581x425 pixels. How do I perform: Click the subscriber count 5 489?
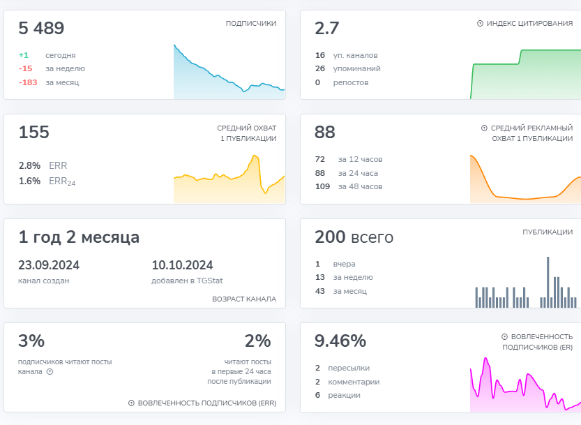click(41, 29)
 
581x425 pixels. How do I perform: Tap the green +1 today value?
click(24, 55)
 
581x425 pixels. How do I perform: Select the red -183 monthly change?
click(28, 82)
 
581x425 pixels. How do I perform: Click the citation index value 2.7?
click(326, 29)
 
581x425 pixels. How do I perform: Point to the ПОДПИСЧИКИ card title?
click(251, 23)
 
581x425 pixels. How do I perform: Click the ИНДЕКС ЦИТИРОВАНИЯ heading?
click(529, 23)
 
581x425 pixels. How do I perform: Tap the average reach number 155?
click(33, 133)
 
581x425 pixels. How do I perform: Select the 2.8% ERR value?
click(29, 166)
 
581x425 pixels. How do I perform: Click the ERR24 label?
click(62, 181)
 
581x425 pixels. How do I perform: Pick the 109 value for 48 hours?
click(323, 186)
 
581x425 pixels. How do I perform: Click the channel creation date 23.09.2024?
click(49, 265)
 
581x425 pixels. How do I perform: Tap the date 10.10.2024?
click(182, 265)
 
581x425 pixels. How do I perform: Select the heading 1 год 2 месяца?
click(79, 237)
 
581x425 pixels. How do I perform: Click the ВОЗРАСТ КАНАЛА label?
click(244, 299)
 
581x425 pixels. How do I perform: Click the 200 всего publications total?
click(354, 237)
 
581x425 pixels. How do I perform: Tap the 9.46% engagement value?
click(340, 341)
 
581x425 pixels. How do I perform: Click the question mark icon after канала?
click(50, 372)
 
